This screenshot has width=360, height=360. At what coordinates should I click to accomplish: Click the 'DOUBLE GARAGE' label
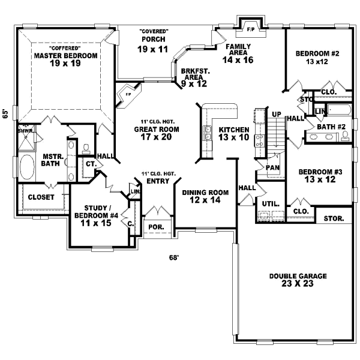point(298,277)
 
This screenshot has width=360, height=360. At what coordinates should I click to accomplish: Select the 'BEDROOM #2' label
point(317,53)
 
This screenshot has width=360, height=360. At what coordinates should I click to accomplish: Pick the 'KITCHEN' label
point(234,130)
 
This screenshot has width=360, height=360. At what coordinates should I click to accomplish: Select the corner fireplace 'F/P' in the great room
point(128,94)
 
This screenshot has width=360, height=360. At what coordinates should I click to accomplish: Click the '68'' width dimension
point(173,258)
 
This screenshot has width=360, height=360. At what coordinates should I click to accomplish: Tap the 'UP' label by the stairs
point(277,114)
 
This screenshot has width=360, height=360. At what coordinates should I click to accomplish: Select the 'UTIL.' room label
point(271,204)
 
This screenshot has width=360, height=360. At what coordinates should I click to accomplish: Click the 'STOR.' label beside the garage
point(334,218)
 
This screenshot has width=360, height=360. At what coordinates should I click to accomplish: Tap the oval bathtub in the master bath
point(28,167)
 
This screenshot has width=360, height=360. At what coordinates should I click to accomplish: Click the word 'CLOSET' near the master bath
point(41,197)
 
